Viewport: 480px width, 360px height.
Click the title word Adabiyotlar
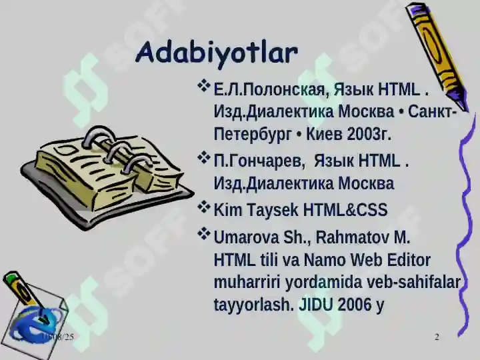[x=216, y=53]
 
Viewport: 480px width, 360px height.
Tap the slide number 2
[x=437, y=337]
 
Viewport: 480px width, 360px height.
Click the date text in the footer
[x=57, y=337]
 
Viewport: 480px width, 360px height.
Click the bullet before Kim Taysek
[x=204, y=208]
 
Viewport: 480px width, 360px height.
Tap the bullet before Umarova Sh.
[x=204, y=235]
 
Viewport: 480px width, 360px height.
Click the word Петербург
[x=253, y=134]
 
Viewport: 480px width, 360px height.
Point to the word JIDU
[x=315, y=305]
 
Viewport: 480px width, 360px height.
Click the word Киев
[x=325, y=134]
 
